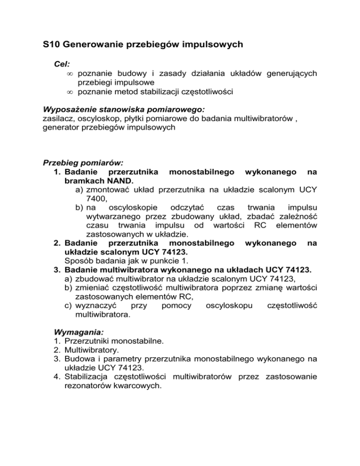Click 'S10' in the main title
(x=50, y=45)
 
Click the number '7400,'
(x=98, y=199)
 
